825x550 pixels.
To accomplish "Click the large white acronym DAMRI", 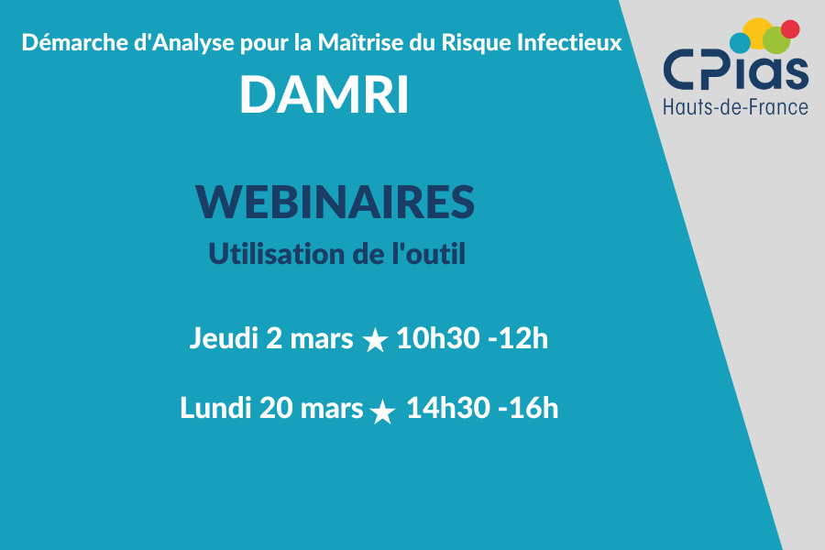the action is click(x=324, y=94).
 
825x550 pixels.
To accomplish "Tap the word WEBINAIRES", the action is click(x=335, y=202).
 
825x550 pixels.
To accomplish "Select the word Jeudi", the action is click(x=224, y=338).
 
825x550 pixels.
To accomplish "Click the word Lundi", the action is click(x=215, y=408).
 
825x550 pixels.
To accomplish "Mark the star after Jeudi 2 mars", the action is click(x=375, y=340).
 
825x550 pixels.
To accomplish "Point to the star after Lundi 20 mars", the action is click(x=382, y=412).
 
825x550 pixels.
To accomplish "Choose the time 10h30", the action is click(x=438, y=338).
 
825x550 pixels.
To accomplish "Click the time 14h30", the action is click(x=448, y=408).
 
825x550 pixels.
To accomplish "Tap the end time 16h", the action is click(x=533, y=408).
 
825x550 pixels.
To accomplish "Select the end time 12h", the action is click(x=523, y=338).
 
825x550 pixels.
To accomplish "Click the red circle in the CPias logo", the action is click(x=790, y=29).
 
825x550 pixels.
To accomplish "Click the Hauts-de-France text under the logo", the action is click(x=735, y=107).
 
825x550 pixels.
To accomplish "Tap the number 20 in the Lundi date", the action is click(x=276, y=408).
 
